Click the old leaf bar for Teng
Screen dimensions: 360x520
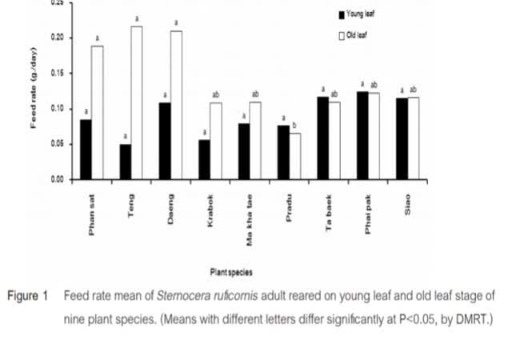pyautogui.click(x=137, y=103)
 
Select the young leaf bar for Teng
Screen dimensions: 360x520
pyautogui.click(x=126, y=162)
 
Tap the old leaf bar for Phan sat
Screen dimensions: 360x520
pyautogui.click(x=97, y=113)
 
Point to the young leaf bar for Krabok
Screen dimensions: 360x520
pyautogui.click(x=205, y=159)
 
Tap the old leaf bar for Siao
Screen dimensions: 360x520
pyautogui.click(x=413, y=138)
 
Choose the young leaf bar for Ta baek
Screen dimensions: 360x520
pyautogui.click(x=323, y=138)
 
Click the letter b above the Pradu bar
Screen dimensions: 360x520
pyautogui.click(x=298, y=125)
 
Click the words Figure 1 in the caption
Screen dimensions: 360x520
pyautogui.click(x=29, y=296)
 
